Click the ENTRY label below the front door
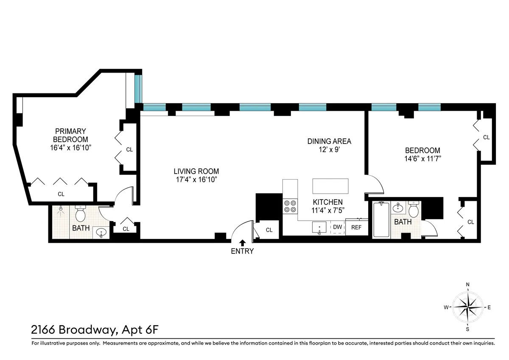click(242, 251)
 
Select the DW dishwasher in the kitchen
click(337, 227)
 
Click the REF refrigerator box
click(356, 227)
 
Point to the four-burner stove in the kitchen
click(290, 206)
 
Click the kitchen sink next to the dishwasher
click(319, 228)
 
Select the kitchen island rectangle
click(331, 186)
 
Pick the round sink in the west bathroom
click(101, 232)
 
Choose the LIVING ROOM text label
click(196, 172)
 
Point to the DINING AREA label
click(329, 141)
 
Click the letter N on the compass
click(467, 285)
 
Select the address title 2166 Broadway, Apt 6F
click(95, 329)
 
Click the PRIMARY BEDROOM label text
click(70, 135)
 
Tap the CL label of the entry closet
click(269, 230)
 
